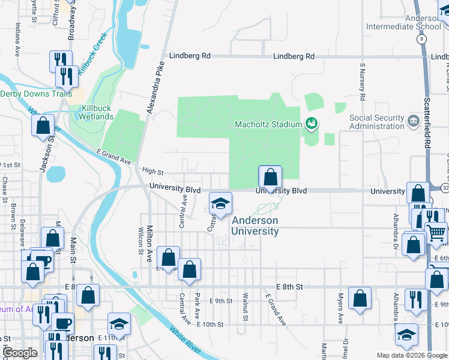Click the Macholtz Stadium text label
point(267,124)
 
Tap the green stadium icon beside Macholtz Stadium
point(311,124)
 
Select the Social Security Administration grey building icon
point(412,122)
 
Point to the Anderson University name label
point(255,226)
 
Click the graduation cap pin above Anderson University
point(220,203)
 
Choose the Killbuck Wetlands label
point(90,112)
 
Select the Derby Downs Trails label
point(36,94)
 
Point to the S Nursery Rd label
point(363,79)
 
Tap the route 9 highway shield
point(423,38)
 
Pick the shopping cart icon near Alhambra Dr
point(436,231)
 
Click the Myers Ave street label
point(339,308)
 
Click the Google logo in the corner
point(20,353)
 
